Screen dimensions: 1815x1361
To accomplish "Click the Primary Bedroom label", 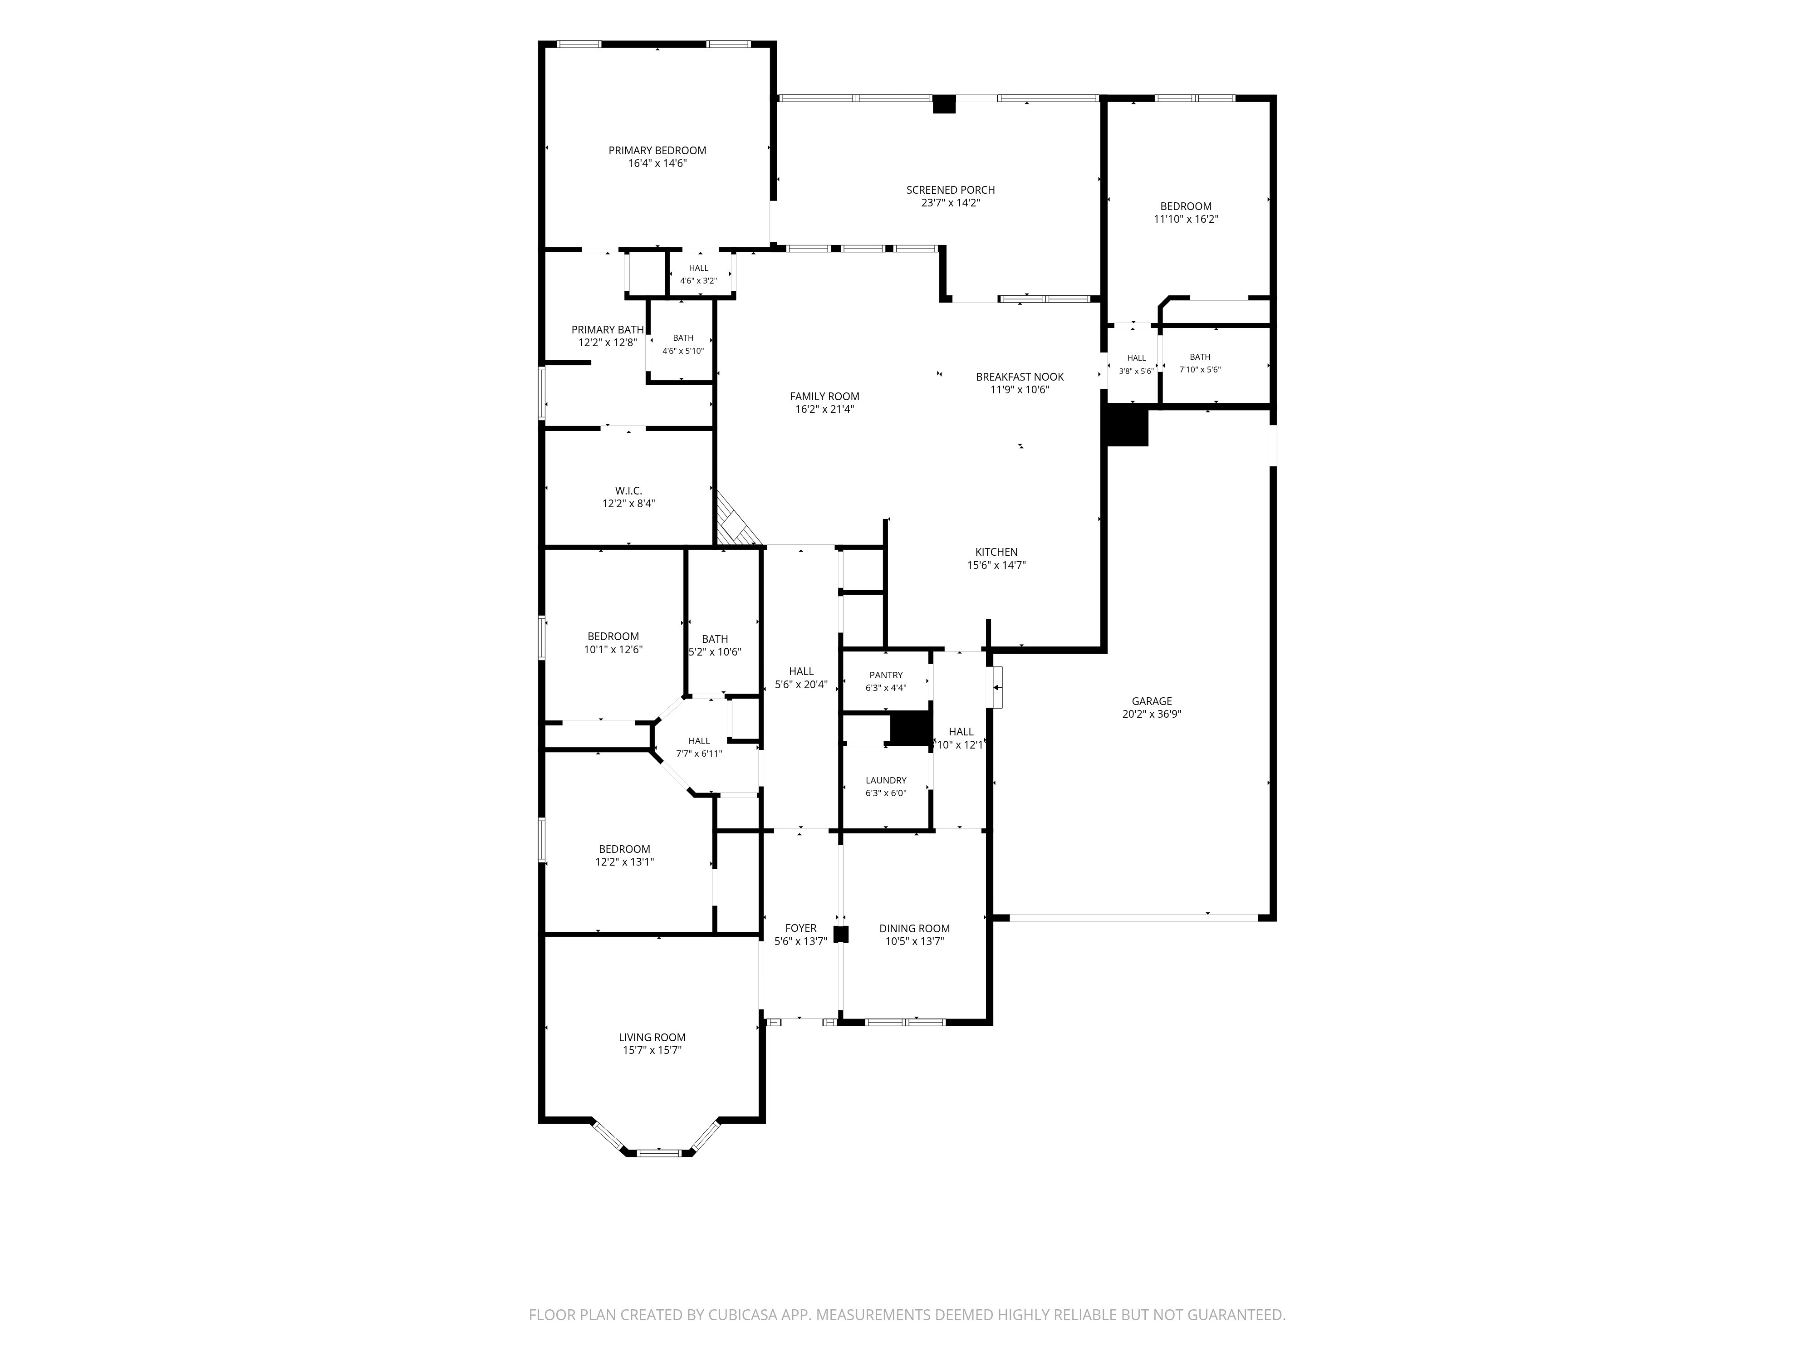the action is pyautogui.click(x=657, y=150).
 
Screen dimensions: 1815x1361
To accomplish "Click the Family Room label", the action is pyautogui.click(x=824, y=396).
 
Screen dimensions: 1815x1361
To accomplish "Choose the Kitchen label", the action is pyautogui.click(x=996, y=552).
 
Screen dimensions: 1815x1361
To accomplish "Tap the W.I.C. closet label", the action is pyautogui.click(x=628, y=490).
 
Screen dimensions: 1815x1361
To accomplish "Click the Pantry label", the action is pyautogui.click(x=886, y=675).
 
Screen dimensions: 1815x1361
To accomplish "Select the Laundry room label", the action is pyautogui.click(x=886, y=780).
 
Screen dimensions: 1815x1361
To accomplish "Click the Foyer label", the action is pyautogui.click(x=801, y=929).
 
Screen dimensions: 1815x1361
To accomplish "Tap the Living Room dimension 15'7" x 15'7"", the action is pyautogui.click(x=652, y=1050).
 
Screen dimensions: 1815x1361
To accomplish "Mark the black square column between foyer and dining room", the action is pyautogui.click(x=840, y=934).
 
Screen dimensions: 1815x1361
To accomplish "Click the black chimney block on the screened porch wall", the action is pyautogui.click(x=944, y=104).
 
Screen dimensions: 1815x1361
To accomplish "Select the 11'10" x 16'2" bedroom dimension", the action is pyautogui.click(x=1186, y=219).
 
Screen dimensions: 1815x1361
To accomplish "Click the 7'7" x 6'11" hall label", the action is pyautogui.click(x=699, y=753).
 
